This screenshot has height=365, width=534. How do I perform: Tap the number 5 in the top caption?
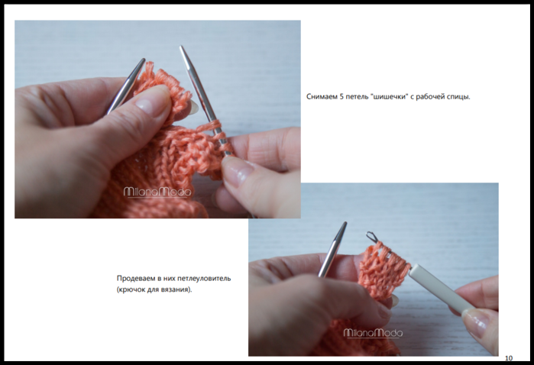[341, 97]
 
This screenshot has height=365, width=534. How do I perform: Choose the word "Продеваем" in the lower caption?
[136, 279]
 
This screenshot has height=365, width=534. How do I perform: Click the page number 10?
[509, 358]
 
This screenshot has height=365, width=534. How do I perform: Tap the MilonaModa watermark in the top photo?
[157, 192]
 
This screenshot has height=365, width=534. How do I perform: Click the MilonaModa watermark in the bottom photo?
[373, 333]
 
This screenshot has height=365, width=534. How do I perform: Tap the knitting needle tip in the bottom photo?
[345, 224]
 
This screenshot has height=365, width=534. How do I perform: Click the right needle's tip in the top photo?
[182, 47]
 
